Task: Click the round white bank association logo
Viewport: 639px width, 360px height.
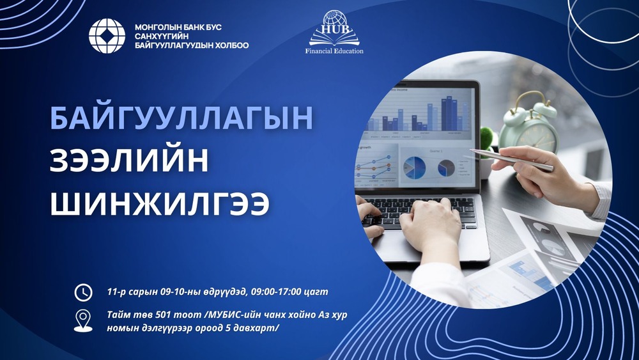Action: (107, 36)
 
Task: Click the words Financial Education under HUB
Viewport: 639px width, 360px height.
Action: (334, 50)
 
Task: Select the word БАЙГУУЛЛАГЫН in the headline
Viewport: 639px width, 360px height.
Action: (182, 120)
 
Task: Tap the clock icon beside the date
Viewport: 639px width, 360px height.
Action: (83, 292)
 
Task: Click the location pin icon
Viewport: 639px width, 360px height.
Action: (83, 320)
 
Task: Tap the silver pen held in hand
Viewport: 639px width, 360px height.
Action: (511, 160)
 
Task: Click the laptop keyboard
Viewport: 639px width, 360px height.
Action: (422, 211)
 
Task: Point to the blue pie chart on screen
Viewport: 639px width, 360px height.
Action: (414, 168)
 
